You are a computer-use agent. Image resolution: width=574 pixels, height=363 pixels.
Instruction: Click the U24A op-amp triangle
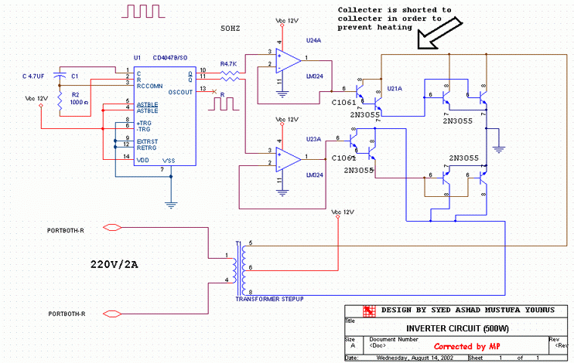[289, 59]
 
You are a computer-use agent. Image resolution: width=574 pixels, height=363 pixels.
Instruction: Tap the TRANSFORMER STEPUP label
[268, 297]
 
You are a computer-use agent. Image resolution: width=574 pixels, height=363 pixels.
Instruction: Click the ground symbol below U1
[169, 204]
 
